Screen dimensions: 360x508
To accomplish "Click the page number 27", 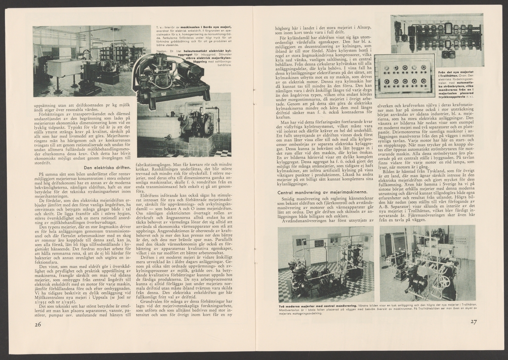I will click(473, 322).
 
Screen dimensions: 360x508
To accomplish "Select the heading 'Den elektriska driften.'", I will click(102, 167).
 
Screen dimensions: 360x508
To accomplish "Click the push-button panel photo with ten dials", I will click(404, 76).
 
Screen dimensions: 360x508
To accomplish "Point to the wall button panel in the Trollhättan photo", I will click(460, 240).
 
